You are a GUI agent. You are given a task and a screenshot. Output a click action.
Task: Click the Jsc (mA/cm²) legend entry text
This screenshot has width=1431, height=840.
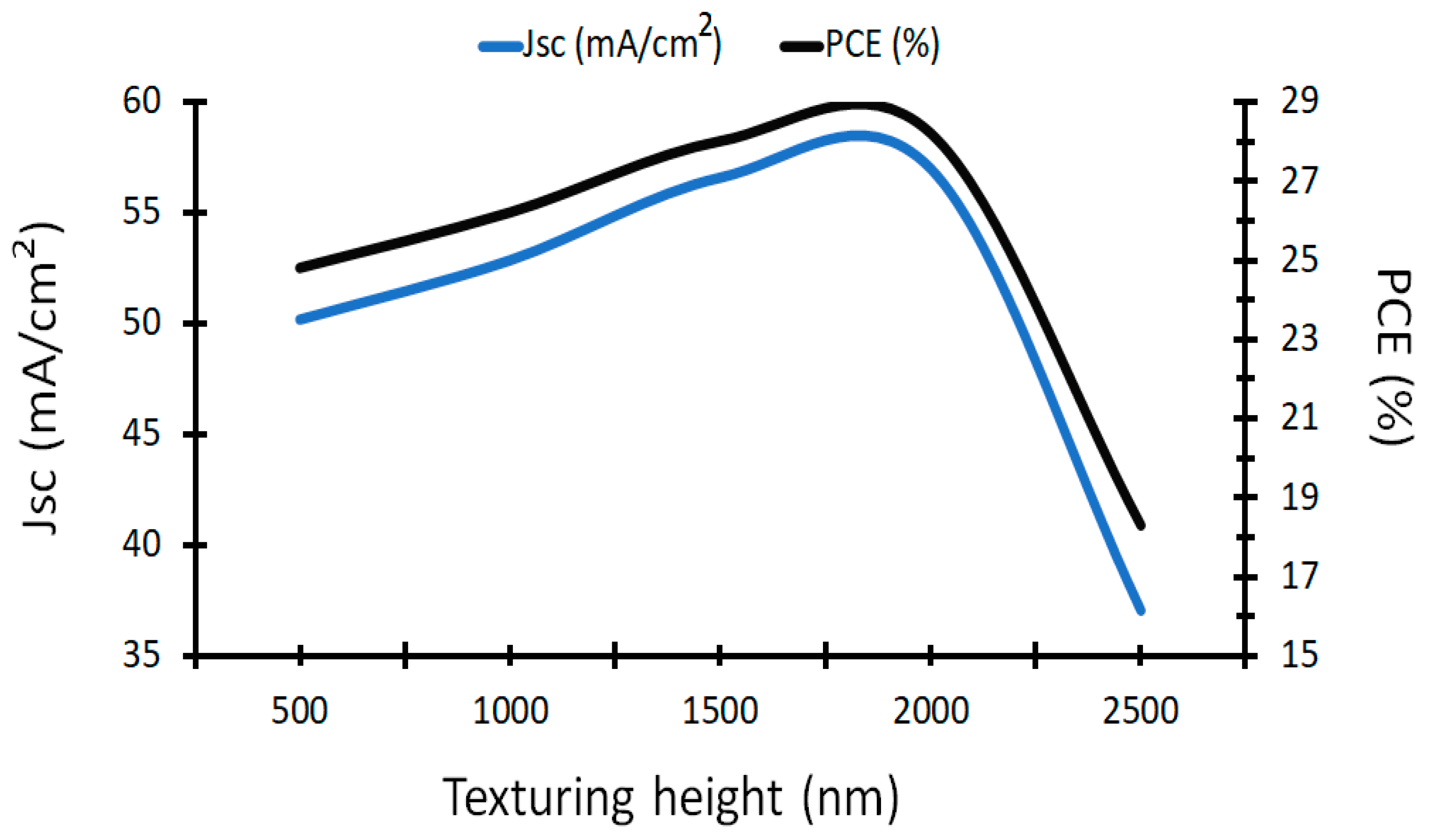(x=622, y=43)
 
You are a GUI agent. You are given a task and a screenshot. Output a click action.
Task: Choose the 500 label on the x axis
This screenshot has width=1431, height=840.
(x=300, y=710)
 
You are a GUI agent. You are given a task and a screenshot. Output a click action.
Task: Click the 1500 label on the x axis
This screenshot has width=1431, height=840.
(x=720, y=710)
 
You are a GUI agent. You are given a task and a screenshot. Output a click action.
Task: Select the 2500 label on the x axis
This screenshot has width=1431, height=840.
(x=1140, y=710)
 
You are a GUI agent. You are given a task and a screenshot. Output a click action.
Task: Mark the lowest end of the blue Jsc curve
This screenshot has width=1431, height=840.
(x=1140, y=611)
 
